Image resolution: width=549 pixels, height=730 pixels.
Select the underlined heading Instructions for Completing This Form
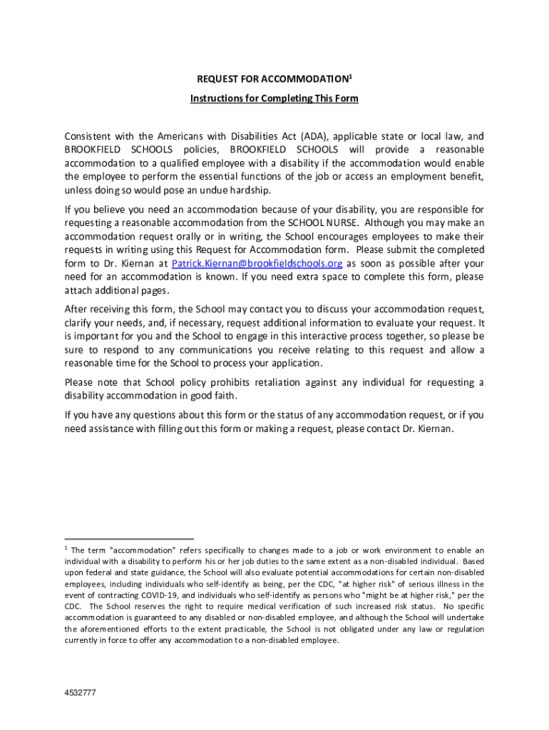coord(274,98)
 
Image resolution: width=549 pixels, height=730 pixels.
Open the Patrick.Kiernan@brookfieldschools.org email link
coord(257,263)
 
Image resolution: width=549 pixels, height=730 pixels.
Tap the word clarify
coord(80,322)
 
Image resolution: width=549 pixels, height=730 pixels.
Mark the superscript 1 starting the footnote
coord(66,547)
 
